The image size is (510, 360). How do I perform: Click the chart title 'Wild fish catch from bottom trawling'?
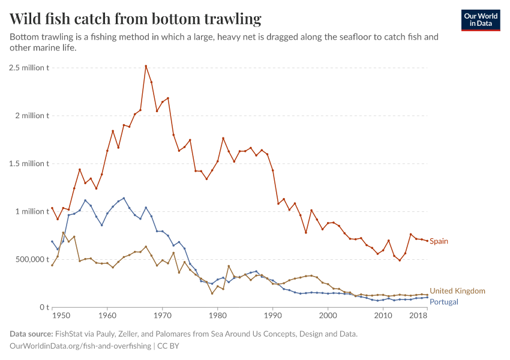[136, 19]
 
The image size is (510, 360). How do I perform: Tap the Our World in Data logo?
[480, 20]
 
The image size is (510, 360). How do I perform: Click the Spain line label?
[439, 241]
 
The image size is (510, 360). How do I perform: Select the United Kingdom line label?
[457, 291]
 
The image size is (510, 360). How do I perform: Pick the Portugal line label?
[444, 302]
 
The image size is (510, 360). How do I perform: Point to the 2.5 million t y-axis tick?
[29, 67]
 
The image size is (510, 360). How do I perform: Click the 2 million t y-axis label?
[32, 115]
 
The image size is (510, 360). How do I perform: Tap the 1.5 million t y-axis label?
[29, 163]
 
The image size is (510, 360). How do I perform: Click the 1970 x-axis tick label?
[162, 315]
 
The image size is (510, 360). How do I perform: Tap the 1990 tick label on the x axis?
[273, 315]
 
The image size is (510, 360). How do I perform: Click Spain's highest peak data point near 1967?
[146, 66]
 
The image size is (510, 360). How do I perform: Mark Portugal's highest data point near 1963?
[124, 198]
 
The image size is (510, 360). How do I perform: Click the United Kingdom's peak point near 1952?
[63, 233]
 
